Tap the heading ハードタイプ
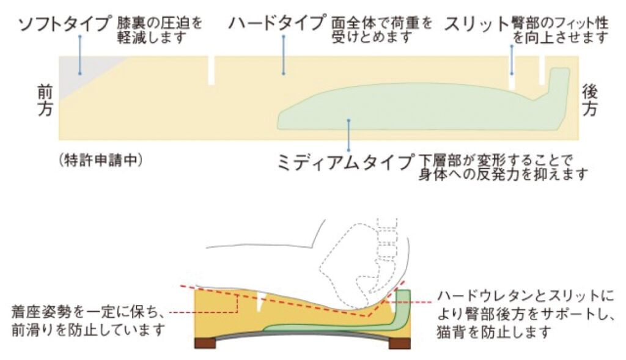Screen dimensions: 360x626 [277, 25]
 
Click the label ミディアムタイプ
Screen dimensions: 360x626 [346, 162]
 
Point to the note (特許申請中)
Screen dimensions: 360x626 [101, 160]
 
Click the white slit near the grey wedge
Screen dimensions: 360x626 [212, 71]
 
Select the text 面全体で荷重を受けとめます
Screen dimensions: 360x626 [381, 30]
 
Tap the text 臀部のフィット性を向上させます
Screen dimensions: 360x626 [560, 30]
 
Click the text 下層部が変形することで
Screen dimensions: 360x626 [495, 160]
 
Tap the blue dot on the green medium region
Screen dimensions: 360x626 [348, 121]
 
